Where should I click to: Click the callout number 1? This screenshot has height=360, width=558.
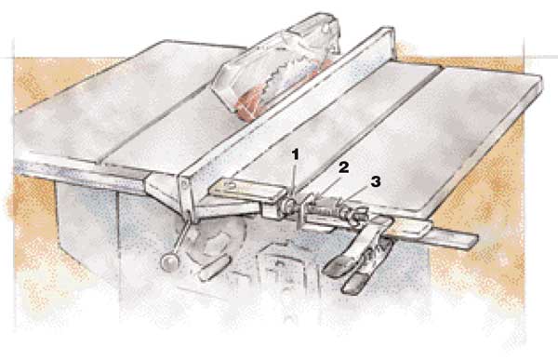[x=296, y=155]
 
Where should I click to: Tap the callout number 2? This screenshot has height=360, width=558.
[x=343, y=167]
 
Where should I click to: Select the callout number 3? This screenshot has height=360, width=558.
[x=376, y=181]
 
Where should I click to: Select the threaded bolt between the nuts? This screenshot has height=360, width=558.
[x=325, y=209]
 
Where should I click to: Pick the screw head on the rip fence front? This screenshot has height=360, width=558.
[x=184, y=184]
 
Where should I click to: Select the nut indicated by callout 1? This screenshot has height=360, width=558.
[x=289, y=206]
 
